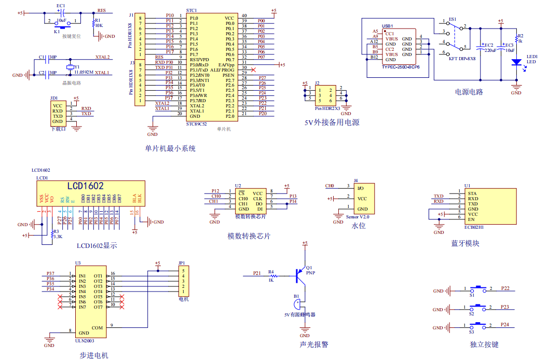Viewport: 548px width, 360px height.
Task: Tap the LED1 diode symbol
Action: point(516,62)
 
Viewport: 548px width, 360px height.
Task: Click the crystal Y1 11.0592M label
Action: point(84,73)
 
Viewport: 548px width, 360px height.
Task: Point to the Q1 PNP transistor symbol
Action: point(300,275)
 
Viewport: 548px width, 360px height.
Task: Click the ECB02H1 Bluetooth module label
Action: point(475,227)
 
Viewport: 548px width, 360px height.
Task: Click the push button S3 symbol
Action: point(477,325)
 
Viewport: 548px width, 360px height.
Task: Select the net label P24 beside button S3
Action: point(505,324)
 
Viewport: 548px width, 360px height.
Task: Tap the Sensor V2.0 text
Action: point(357,216)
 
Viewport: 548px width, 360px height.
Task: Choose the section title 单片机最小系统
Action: point(170,148)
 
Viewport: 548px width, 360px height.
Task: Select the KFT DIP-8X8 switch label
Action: point(462,59)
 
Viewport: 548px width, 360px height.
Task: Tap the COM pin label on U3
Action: point(97,327)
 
